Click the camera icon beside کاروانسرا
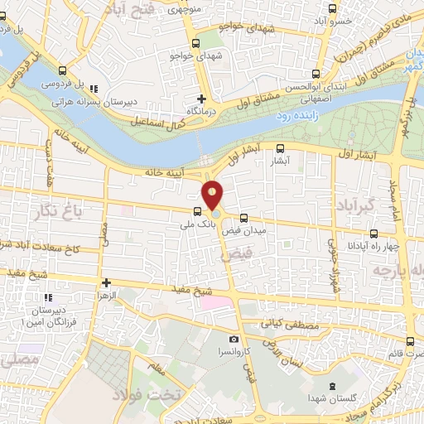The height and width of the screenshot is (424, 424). tap(234, 340)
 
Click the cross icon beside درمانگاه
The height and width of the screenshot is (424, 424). tap(201, 98)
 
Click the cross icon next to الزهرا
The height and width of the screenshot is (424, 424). tap(105, 282)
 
